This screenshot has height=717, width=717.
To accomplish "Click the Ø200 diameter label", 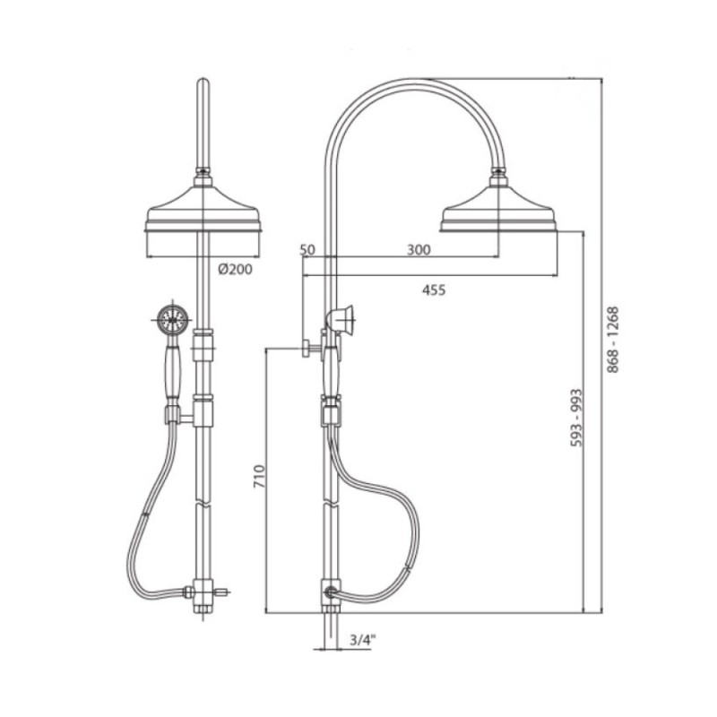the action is pyautogui.click(x=235, y=270).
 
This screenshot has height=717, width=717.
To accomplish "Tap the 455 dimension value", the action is pyautogui.click(x=434, y=289).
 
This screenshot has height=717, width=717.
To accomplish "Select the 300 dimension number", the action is pyautogui.click(x=419, y=250).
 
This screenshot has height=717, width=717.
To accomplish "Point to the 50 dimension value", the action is pyautogui.click(x=307, y=250).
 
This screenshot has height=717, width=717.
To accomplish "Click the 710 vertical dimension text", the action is pyautogui.click(x=259, y=476).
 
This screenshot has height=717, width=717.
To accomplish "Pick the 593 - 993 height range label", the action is pyautogui.click(x=577, y=418).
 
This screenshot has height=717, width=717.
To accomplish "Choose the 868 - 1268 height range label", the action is pyautogui.click(x=613, y=340).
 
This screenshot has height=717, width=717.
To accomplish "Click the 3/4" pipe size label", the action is pyautogui.click(x=362, y=640).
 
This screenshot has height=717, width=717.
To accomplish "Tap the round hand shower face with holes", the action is pyautogui.click(x=172, y=317).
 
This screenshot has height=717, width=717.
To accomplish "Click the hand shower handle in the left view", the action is pyautogui.click(x=173, y=370).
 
